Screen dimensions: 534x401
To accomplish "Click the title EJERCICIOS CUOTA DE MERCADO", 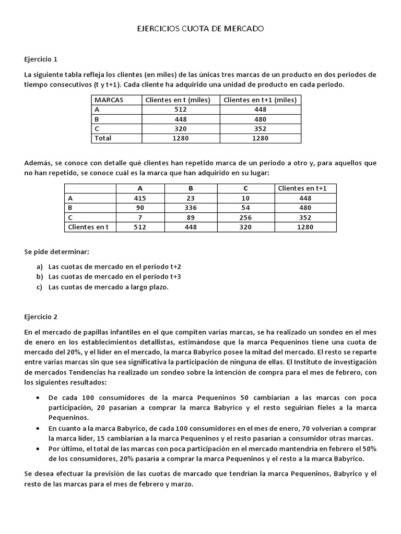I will point(200,29).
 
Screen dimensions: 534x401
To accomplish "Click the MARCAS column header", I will point(109,100).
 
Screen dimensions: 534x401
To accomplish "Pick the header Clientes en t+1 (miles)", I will point(261,100).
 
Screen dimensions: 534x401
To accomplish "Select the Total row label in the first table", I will point(103,138).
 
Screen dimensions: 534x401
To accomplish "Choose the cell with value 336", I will point(192,208).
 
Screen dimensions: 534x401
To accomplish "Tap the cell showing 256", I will point(246,217).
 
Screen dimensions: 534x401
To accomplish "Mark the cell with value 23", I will point(192,198).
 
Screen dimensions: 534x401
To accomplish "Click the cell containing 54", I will point(246,208).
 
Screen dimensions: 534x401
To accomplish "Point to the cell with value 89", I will point(192,217).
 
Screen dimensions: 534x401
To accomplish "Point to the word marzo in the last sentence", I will point(183,483).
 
